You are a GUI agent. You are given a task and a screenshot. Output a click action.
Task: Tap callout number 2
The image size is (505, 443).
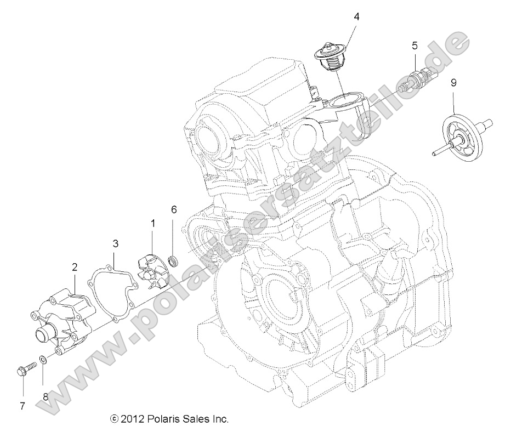(75, 267)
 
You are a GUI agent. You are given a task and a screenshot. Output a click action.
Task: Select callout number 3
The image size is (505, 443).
(116, 242)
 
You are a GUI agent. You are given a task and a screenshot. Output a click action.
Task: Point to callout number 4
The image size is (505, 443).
(356, 16)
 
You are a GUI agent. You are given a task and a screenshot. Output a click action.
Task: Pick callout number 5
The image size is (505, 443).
(415, 46)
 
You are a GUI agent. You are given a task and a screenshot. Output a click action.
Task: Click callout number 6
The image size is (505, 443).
(174, 209)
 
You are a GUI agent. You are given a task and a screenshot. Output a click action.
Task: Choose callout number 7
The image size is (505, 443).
(22, 406)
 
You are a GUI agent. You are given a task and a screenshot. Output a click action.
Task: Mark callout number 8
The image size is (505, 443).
(46, 396)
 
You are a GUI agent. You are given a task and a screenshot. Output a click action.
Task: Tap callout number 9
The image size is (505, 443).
(453, 83)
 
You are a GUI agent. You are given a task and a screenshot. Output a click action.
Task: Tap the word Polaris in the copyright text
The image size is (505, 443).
(163, 419)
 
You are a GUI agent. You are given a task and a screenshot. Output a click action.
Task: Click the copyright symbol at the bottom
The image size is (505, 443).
(114, 419)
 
